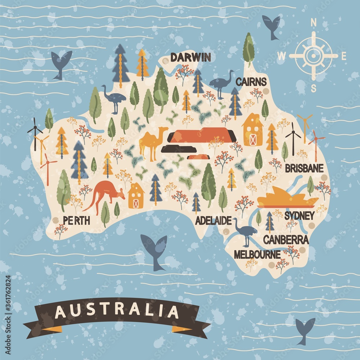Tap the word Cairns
251,82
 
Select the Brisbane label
304,168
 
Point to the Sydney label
299,216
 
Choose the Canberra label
286,239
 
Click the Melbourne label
257,255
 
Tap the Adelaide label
213,221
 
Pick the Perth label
76,220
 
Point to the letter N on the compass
313,23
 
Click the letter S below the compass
314,88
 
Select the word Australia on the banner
117,312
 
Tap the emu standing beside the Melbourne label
245,230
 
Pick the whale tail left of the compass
271,26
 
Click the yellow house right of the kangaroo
136,196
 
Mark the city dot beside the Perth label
55,220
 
